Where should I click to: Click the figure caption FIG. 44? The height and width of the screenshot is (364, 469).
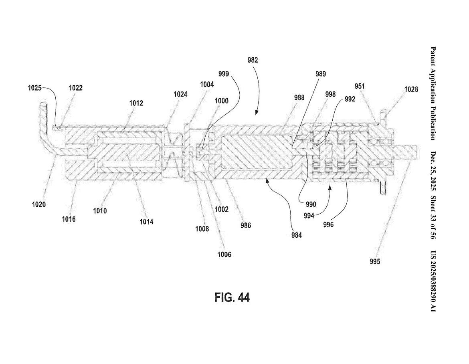(232, 297)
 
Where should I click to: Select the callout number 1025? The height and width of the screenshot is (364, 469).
(35, 88)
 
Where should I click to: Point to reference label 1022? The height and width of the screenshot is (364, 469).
(75, 88)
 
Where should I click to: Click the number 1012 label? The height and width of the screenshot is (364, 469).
(136, 103)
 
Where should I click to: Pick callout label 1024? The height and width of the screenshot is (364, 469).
(180, 94)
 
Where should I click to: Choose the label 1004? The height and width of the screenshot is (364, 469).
(207, 85)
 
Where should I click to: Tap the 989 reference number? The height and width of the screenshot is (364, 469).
(320, 74)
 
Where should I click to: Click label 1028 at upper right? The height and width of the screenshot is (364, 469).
(410, 89)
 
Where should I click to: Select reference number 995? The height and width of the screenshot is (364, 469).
(375, 262)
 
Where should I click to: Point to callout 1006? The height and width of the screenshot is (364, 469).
(224, 254)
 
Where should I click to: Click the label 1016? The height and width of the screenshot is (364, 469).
(69, 219)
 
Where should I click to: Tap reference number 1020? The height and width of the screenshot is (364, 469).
(39, 204)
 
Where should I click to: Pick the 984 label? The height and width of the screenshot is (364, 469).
(297, 235)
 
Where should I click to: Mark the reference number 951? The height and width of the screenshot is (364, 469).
(360, 86)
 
